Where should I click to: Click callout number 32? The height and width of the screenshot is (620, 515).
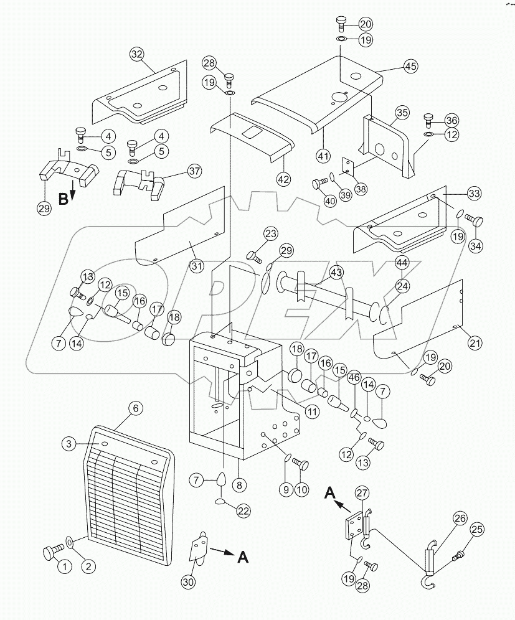(x=136, y=54)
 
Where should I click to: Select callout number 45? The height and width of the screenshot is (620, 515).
(x=392, y=67)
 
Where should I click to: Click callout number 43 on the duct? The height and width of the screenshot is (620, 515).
(x=336, y=273)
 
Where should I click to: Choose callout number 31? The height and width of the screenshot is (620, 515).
(x=197, y=266)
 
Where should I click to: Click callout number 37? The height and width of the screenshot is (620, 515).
(x=177, y=172)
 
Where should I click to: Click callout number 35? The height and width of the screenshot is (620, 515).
(x=402, y=113)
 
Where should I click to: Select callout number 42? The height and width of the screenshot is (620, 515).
(x=283, y=179)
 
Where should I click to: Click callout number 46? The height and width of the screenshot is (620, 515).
(x=354, y=377)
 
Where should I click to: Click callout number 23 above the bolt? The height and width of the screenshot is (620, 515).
(x=270, y=234)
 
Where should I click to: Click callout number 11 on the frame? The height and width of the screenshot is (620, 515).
(x=311, y=411)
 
